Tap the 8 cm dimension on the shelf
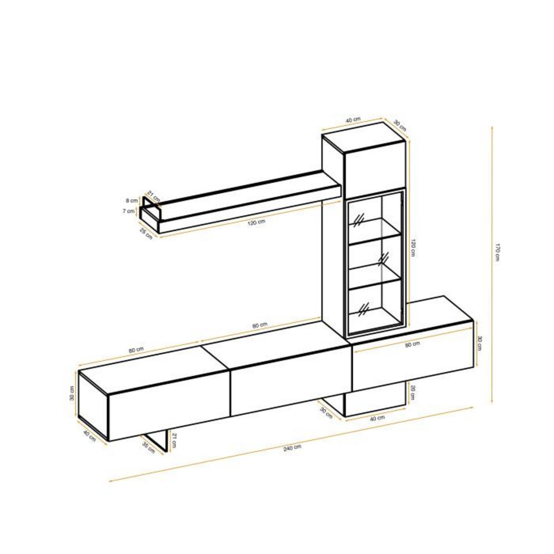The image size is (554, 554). pyautogui.click(x=132, y=200)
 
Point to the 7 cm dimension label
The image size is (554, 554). pyautogui.click(x=131, y=211)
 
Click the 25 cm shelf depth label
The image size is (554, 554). pyautogui.click(x=146, y=234)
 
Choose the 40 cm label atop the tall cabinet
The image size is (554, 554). pyautogui.click(x=353, y=120)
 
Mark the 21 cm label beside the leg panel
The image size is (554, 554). pyautogui.click(x=174, y=440)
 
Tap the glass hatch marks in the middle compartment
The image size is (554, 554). pyautogui.click(x=383, y=259)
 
